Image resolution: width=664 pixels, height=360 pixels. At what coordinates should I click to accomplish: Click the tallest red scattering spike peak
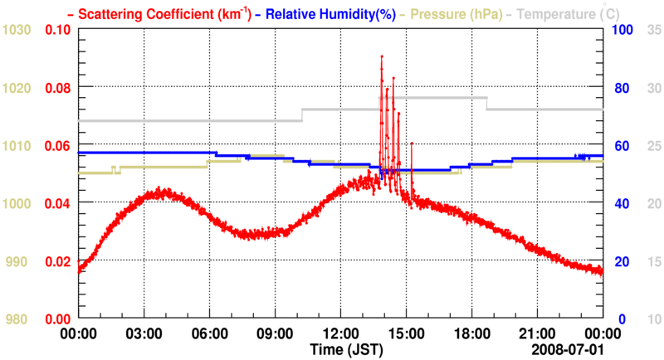[382, 56]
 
